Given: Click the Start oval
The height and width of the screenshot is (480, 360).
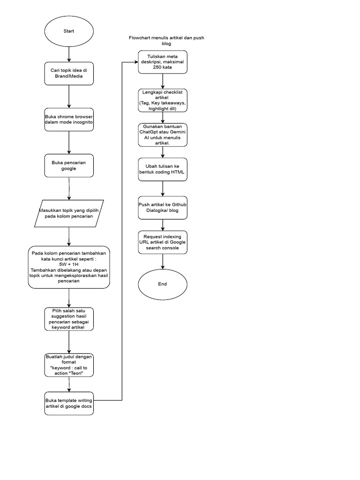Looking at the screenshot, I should pyautogui.click(x=69, y=31).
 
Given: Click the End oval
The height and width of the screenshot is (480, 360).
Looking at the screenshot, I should pyautogui.click(x=163, y=284).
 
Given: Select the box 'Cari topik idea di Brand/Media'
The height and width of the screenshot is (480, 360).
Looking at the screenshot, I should pyautogui.click(x=69, y=73).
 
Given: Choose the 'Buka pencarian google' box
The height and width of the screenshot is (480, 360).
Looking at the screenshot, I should pyautogui.click(x=69, y=165).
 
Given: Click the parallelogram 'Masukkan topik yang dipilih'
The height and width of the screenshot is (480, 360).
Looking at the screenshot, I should pyautogui.click(x=69, y=213).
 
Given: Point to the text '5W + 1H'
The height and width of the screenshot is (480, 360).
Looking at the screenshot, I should pyautogui.click(x=69, y=264).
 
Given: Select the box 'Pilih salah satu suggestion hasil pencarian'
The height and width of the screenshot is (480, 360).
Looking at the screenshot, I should pyautogui.click(x=69, y=319).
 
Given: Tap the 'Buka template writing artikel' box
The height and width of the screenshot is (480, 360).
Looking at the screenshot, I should pyautogui.click(x=69, y=403).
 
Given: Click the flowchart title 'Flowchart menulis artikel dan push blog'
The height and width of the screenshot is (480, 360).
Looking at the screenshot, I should pyautogui.click(x=166, y=40).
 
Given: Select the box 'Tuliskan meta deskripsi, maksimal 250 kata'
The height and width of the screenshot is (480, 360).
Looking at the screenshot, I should pyautogui.click(x=163, y=62).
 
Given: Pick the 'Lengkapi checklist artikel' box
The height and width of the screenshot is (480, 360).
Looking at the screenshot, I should pyautogui.click(x=163, y=100).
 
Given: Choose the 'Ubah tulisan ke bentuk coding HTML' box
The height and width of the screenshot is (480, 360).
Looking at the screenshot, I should pyautogui.click(x=163, y=169).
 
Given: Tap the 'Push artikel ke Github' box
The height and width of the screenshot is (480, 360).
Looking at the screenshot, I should pyautogui.click(x=163, y=207).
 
